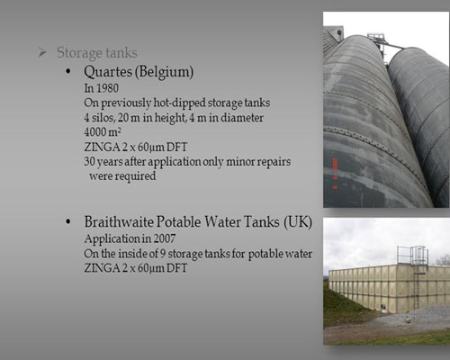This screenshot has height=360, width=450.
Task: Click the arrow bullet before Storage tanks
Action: (x=42, y=52)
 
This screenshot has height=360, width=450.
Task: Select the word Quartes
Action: (x=108, y=72)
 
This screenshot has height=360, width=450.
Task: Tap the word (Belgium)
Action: (x=165, y=72)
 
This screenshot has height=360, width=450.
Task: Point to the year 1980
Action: (x=107, y=88)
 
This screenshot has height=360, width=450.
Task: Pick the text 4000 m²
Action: (x=103, y=132)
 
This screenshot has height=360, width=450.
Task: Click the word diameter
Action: (x=242, y=118)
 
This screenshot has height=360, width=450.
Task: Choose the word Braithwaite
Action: (x=119, y=222)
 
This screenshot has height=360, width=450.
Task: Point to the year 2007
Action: (x=165, y=238)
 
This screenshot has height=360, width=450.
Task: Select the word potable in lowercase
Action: (x=265, y=254)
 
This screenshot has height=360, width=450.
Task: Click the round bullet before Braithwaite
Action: (x=68, y=221)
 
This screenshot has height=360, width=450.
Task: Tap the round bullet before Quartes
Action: (x=68, y=71)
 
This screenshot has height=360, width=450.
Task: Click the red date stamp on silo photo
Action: (x=336, y=173)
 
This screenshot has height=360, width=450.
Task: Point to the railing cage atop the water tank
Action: (x=412, y=256)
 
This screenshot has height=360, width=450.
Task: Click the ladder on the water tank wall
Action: (x=416, y=290)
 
